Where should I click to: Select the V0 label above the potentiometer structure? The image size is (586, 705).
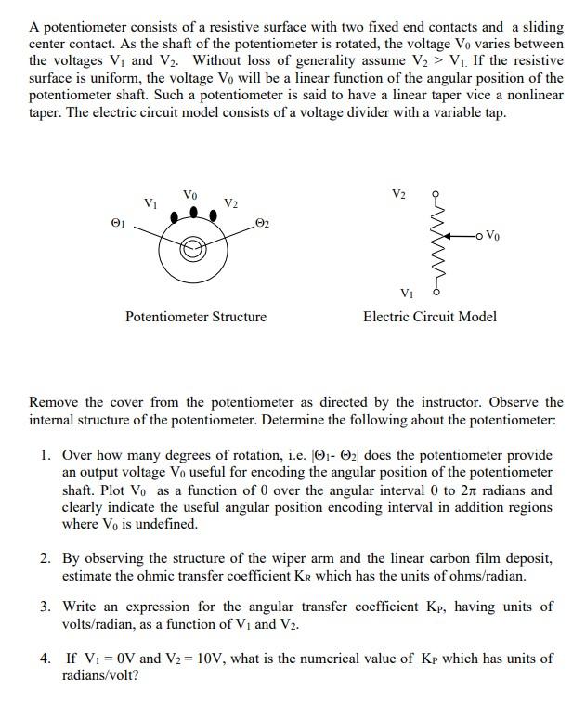pos(190,195)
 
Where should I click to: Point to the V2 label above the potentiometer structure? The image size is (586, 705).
pos(231,203)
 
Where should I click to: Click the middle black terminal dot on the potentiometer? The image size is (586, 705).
pos(192,212)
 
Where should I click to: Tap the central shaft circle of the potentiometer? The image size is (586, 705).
pos(192,249)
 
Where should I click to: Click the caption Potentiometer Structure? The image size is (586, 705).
pos(195,317)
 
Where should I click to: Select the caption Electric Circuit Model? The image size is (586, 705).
pos(429,317)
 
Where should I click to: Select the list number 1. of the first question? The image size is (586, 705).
pos(46,456)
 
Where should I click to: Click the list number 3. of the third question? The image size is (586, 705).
pos(46,607)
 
